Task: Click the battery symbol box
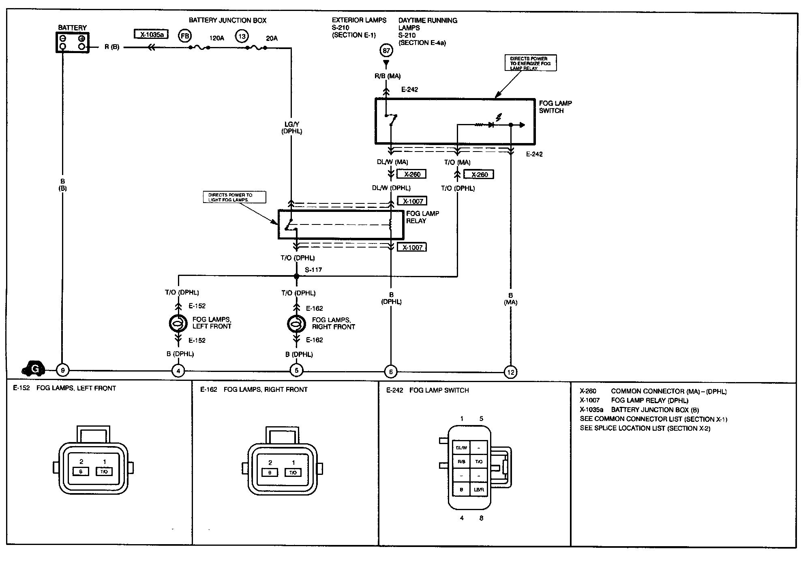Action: point(72,43)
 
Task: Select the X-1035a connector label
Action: point(152,34)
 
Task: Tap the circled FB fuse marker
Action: point(185,36)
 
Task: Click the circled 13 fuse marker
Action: point(242,36)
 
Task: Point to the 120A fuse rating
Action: point(216,38)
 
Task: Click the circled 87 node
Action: point(386,51)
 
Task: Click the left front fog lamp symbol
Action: point(178,323)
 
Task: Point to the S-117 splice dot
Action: point(296,276)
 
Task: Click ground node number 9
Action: point(62,370)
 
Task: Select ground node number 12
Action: point(511,372)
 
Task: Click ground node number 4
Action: point(178,370)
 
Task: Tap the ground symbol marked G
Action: point(34,369)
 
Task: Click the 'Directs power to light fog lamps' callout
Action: point(234,197)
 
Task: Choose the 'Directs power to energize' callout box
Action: point(530,63)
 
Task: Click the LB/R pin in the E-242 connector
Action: point(479,489)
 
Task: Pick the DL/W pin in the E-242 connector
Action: point(461,448)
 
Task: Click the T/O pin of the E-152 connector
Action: point(104,472)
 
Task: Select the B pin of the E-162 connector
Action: point(270,472)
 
